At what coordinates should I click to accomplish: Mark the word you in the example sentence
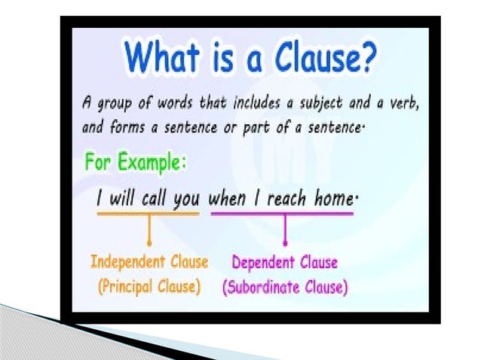[186, 200]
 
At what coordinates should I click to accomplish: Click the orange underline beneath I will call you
[148, 214]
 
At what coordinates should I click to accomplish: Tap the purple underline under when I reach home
[282, 214]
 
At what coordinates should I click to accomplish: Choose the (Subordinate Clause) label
[285, 287]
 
